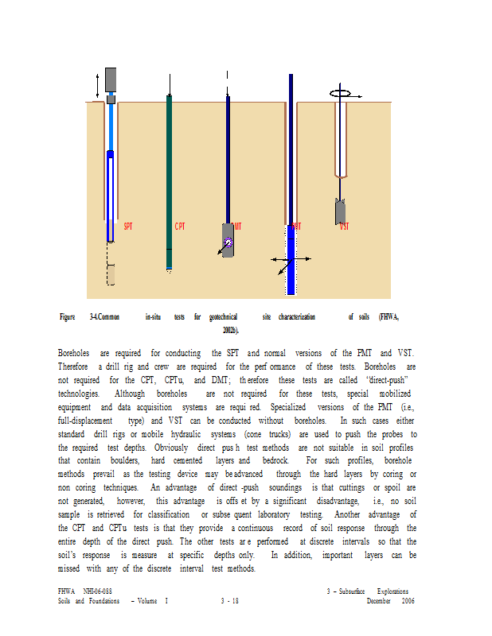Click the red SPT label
click(128, 227)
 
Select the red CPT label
click(180, 227)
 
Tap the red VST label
click(345, 227)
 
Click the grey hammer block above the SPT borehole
click(111, 79)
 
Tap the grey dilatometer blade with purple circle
click(228, 240)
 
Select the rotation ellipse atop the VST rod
click(341, 93)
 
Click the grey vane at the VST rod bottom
click(340, 211)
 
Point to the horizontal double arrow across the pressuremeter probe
click(291, 259)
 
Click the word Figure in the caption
click(68, 317)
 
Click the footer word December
click(381, 602)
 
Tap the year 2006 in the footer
click(408, 602)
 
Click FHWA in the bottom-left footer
click(66, 591)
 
